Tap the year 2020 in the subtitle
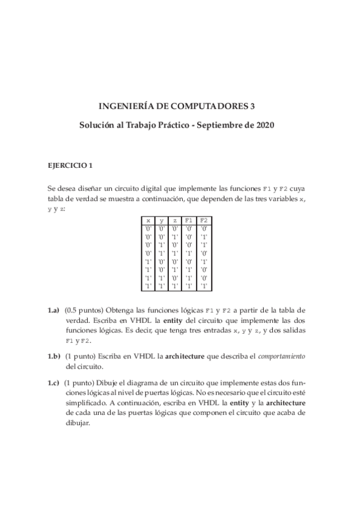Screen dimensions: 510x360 click(x=265, y=126)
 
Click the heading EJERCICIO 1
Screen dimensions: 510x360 click(x=70, y=164)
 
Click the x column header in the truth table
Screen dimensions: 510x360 click(x=148, y=221)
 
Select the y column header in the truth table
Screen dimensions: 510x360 click(x=161, y=221)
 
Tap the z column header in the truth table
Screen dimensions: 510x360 click(x=174, y=221)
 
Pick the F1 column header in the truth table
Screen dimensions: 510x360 click(x=189, y=221)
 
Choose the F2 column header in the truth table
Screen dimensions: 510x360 click(x=204, y=221)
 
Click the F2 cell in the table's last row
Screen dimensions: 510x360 click(x=204, y=286)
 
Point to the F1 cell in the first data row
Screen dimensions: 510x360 click(x=189, y=229)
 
